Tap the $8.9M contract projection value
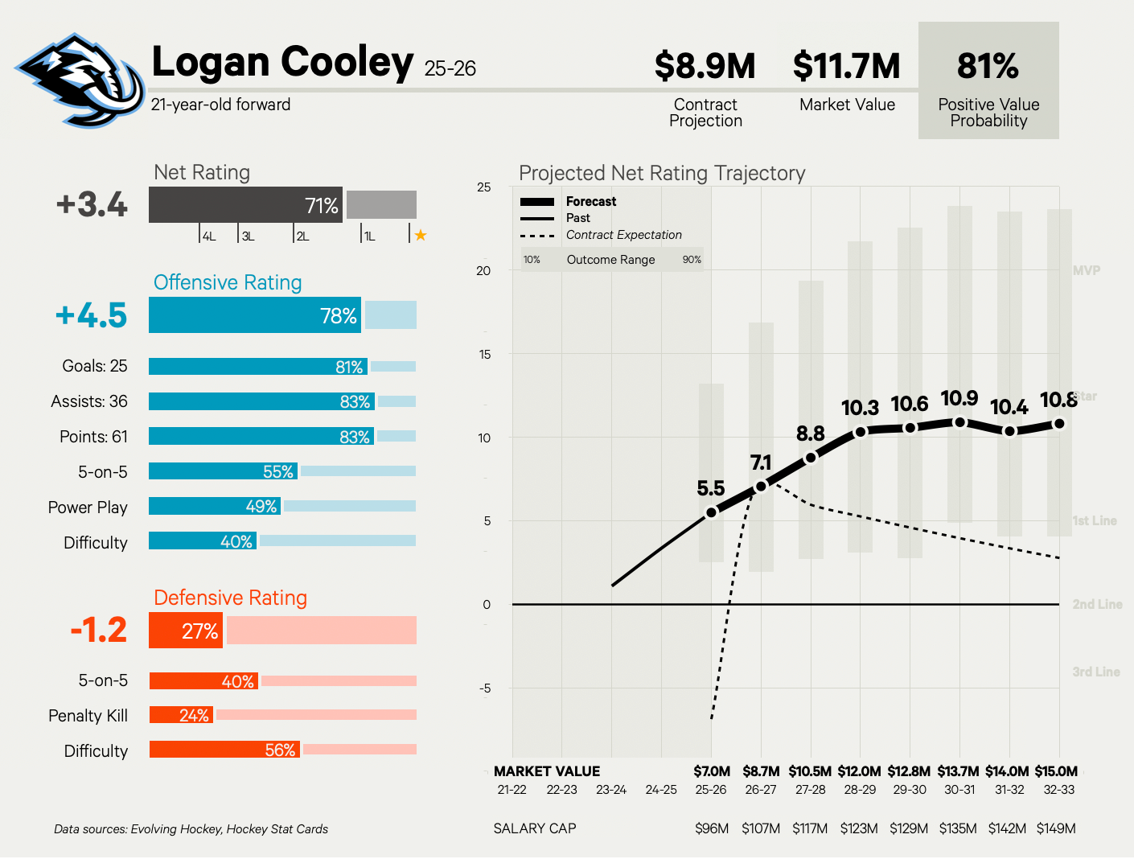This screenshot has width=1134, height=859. pos(705,66)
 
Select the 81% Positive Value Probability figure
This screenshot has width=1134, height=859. pos(988,66)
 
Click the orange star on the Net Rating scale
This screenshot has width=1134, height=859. pos(420,235)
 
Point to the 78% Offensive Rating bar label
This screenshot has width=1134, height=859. pos(338,316)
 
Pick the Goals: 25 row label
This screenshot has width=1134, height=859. pos(94,366)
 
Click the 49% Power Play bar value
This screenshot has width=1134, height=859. pos(261,507)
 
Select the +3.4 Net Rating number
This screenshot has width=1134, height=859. pos(92,204)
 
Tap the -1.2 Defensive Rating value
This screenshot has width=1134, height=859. pos(98,630)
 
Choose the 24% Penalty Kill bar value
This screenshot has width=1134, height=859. pos(194,715)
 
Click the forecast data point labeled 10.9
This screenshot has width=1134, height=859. pos(959,422)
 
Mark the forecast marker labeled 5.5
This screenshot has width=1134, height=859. pos(711,512)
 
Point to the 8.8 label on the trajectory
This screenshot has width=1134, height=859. pos(810,434)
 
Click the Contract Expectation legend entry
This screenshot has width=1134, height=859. pos(623,235)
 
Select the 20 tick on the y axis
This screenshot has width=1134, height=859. pos(483,271)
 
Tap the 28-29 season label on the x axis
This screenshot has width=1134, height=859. pos(860,790)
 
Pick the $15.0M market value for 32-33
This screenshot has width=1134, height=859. pos(1056,771)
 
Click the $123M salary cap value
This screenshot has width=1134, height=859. pos(859,828)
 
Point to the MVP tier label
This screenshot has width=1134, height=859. pos(1086,270)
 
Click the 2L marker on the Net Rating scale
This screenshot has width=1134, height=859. pos(302,236)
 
